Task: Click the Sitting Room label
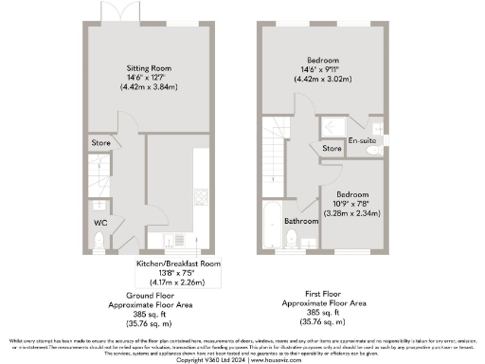point(149,67)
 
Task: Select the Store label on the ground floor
point(100,143)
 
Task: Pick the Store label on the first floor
point(332,149)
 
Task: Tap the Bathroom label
point(301,221)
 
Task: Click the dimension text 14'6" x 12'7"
point(149,77)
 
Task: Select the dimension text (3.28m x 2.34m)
point(350,213)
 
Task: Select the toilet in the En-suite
point(374,148)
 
